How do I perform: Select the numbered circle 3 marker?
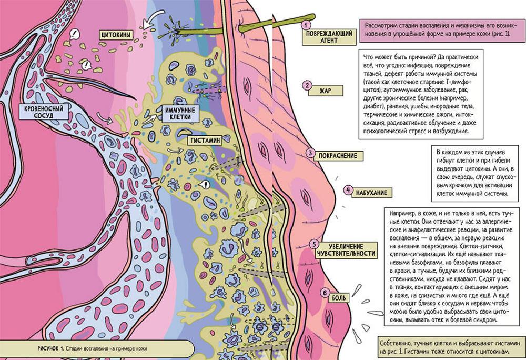(x=311, y=154)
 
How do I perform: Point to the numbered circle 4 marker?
(x=348, y=189)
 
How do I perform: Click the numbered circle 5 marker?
(x=313, y=244)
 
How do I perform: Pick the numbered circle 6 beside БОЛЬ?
(x=325, y=293)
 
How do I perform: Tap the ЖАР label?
(x=326, y=91)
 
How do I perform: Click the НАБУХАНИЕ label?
(x=372, y=193)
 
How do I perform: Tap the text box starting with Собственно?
(x=450, y=346)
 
